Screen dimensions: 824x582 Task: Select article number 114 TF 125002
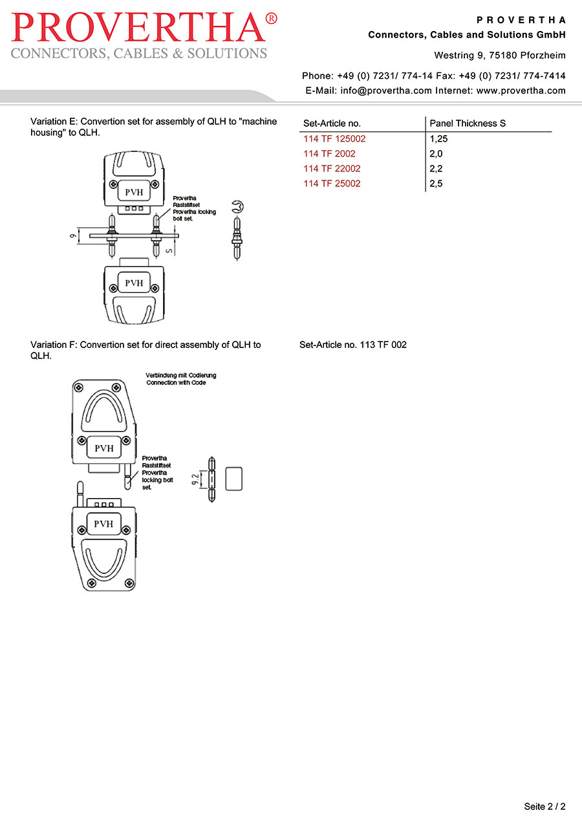point(334,138)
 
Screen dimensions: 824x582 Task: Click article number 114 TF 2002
point(329,154)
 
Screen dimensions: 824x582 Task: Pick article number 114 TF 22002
point(332,169)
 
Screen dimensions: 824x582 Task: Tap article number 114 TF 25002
point(332,184)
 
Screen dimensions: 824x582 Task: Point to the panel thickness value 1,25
point(438,138)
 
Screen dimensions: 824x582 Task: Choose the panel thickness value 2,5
point(436,184)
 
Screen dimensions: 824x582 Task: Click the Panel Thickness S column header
point(468,123)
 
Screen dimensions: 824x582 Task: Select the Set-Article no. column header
point(332,123)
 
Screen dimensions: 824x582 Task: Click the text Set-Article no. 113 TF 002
point(353,345)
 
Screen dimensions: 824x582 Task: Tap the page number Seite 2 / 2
point(544,807)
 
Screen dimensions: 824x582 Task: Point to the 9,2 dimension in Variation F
point(196,480)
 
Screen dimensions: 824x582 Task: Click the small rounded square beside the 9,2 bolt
point(233,479)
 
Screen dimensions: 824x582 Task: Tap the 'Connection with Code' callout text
point(176,382)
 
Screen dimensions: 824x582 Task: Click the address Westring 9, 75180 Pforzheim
point(500,56)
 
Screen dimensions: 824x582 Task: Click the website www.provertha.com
point(521,91)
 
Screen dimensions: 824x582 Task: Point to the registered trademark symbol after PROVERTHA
point(272,19)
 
